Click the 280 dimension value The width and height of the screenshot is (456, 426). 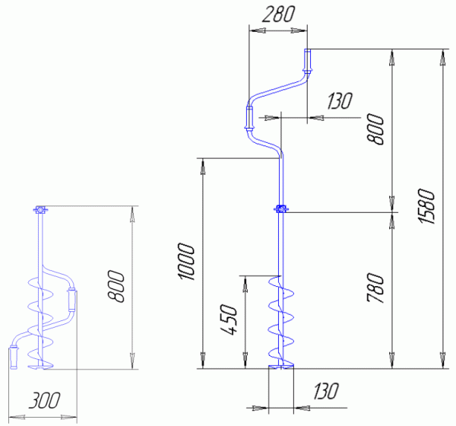(x=277, y=14)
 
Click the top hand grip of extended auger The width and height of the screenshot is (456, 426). (x=309, y=59)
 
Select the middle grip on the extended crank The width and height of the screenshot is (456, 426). (x=249, y=118)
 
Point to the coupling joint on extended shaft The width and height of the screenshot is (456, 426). (x=280, y=209)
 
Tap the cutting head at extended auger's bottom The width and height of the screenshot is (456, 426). (x=280, y=370)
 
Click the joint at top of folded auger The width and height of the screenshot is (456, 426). (x=40, y=210)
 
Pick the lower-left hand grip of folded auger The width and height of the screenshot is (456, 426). (x=14, y=355)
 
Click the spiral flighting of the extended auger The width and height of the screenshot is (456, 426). (x=280, y=319)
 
